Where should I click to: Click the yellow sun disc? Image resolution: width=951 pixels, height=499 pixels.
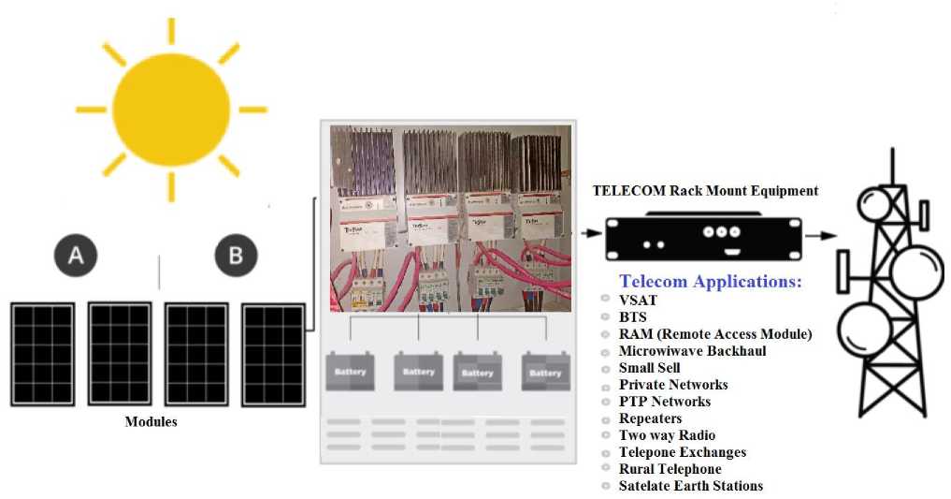pos(171,110)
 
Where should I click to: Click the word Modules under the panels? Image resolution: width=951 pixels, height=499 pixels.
pos(151,422)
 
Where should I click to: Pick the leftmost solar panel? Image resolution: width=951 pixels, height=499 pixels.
pos(42,353)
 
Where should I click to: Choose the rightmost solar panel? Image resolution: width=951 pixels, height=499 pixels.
pos(273,355)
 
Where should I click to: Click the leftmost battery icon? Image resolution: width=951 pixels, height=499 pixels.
pos(350,371)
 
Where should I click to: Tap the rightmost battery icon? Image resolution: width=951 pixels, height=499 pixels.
pos(545,372)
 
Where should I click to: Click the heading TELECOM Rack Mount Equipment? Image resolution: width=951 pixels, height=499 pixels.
pos(705,191)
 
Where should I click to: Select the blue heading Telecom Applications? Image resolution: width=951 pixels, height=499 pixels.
pos(711,282)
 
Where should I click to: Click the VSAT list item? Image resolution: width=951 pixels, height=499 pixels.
pos(638,301)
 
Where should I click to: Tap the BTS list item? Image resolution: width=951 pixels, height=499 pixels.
pos(633,317)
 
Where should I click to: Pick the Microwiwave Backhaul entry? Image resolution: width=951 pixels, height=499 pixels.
pos(692,351)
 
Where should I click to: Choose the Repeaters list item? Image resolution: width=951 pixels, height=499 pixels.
pos(650,418)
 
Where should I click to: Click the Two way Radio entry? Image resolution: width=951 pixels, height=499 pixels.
pos(667,435)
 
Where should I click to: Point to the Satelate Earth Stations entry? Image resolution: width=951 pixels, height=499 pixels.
pos(690,486)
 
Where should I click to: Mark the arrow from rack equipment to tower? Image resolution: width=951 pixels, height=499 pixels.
pos(820,236)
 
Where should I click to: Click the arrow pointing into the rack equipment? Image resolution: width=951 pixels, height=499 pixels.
pos(588,233)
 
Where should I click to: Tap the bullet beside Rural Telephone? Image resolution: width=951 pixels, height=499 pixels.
pos(607,470)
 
